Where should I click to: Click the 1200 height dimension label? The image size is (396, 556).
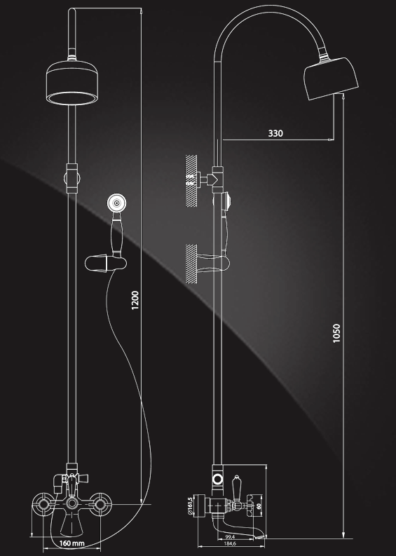click(135, 300)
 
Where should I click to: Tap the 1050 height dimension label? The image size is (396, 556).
click(336, 333)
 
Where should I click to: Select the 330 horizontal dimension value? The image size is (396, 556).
click(275, 133)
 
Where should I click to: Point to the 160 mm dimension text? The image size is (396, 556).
click(72, 543)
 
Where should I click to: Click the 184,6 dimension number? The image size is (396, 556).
click(230, 543)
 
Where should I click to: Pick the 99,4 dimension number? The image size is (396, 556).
click(230, 537)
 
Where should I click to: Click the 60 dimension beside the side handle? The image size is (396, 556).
click(259, 506)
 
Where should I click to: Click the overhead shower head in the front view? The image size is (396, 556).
click(72, 83)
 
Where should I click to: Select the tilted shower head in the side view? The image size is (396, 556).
click(331, 78)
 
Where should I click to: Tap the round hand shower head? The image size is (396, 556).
click(116, 203)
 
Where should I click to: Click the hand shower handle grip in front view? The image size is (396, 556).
click(117, 235)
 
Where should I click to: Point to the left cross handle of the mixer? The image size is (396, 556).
click(43, 504)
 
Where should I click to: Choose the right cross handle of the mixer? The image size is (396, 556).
click(100, 504)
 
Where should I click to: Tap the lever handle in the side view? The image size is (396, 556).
click(236, 489)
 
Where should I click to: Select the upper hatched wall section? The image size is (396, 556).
click(191, 181)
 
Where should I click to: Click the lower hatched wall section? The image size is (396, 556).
click(191, 264)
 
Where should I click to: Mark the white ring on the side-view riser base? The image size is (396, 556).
click(218, 480)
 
